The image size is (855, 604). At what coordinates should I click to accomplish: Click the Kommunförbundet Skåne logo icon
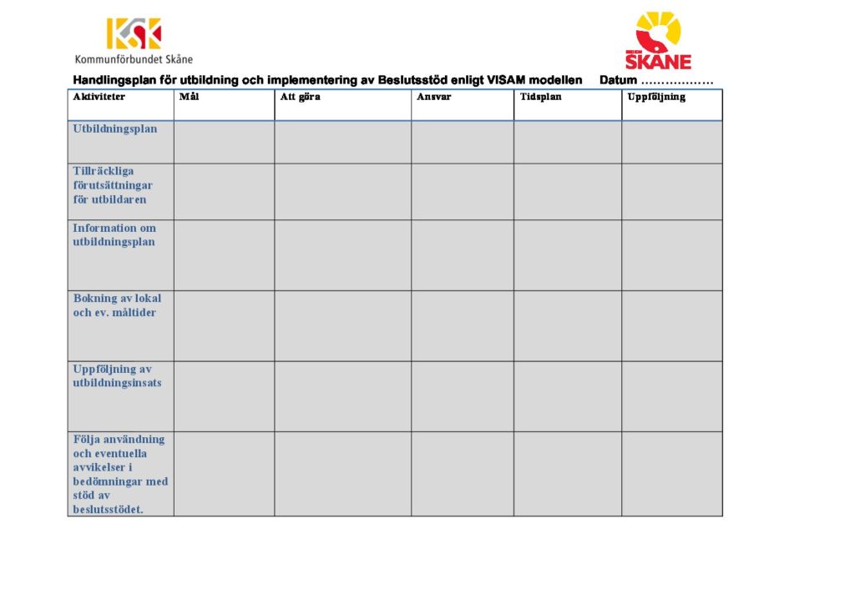[x=134, y=33]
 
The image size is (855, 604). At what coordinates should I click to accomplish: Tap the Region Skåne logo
[x=658, y=40]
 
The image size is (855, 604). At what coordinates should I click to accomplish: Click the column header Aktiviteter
[x=99, y=97]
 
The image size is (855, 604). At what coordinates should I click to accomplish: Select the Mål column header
[x=189, y=97]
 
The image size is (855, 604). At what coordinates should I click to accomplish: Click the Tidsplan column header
[x=541, y=97]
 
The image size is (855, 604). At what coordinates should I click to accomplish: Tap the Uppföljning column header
[x=656, y=97]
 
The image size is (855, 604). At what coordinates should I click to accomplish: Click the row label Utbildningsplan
[x=115, y=129]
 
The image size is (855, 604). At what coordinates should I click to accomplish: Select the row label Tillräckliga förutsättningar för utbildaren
[x=113, y=185]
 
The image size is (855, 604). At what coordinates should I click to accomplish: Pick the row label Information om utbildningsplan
[x=114, y=235]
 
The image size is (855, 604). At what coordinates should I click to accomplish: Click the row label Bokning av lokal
[x=117, y=305]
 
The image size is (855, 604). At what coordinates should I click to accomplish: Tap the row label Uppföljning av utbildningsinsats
[x=117, y=376]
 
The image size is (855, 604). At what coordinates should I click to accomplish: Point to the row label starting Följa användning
[x=119, y=474]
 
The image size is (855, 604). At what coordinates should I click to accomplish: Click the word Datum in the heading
[x=618, y=81]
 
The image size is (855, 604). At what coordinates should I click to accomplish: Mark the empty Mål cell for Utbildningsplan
[x=224, y=142]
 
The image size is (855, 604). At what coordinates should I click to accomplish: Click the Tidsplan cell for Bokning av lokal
[x=567, y=325]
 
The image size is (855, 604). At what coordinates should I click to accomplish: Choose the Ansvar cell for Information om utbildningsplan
[x=462, y=255]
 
